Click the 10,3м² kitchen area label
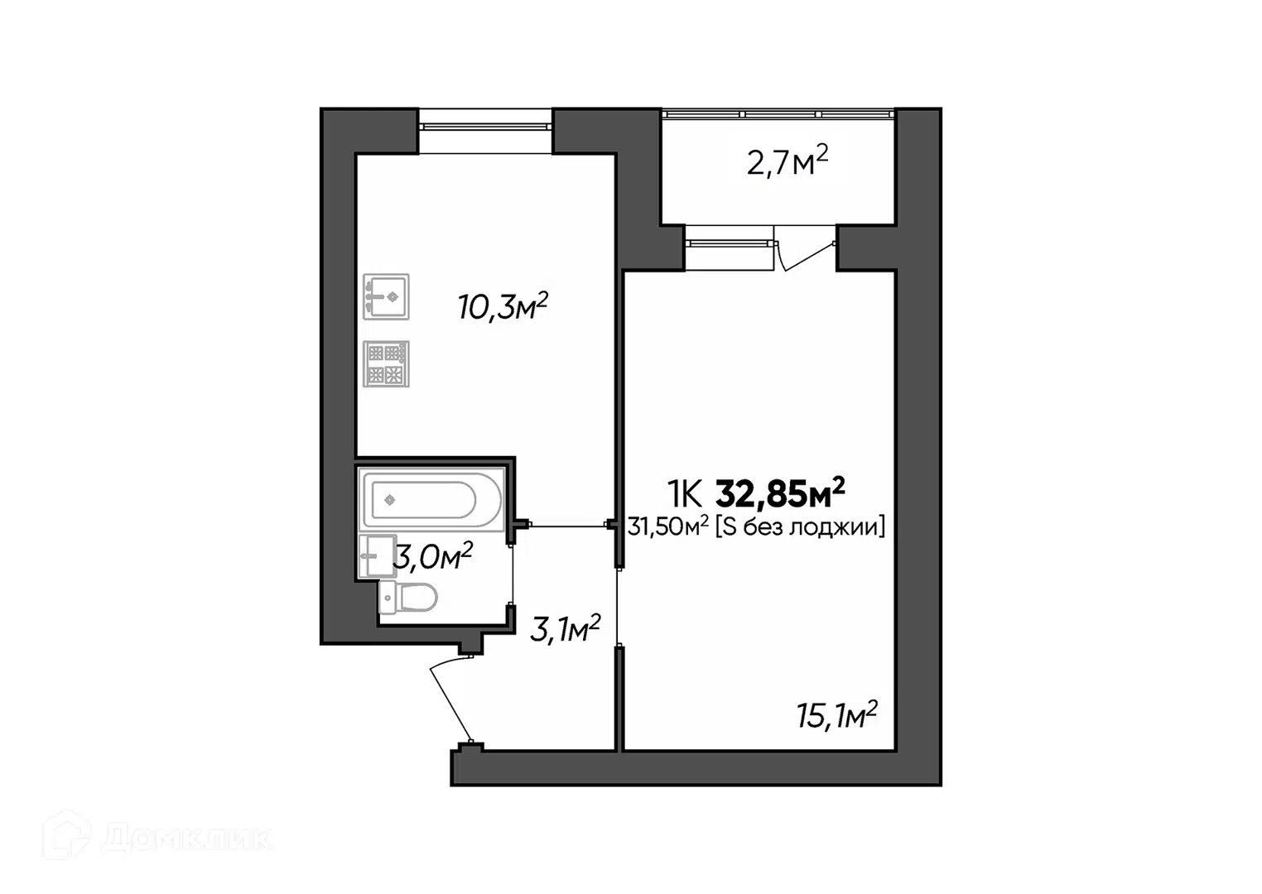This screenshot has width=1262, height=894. coord(503,306)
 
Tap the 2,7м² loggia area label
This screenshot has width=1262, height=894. coord(787,161)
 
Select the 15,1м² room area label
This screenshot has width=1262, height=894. coord(837,715)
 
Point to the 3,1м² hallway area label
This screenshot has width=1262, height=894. coord(565,628)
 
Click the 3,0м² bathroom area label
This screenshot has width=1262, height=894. coord(433,556)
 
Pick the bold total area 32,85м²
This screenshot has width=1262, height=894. coord(780,493)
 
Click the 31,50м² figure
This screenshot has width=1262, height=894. coord(668,526)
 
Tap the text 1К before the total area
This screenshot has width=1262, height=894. coord(685,494)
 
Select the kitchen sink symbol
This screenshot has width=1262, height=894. coord(386,297)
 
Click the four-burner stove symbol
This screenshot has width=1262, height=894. coord(386,364)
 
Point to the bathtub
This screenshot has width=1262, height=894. coord(431,499)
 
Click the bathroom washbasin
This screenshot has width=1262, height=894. coord(378,556)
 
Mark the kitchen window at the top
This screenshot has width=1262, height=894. coord(485,127)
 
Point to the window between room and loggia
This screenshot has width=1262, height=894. coord(729,243)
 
